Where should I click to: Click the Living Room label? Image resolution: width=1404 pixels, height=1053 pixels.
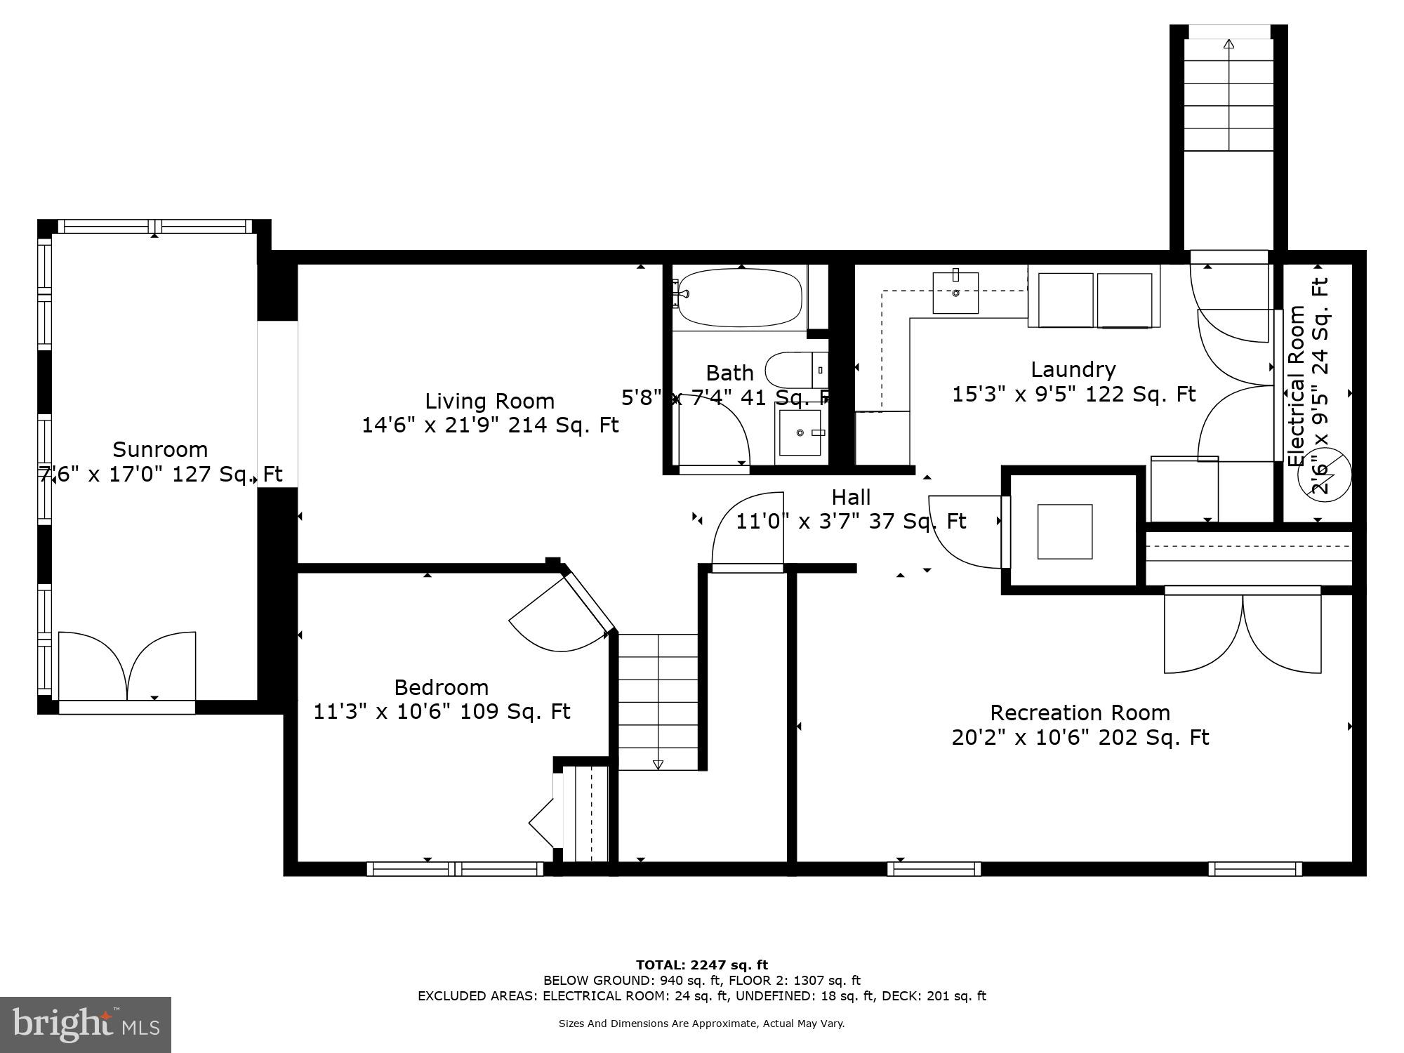[x=489, y=401]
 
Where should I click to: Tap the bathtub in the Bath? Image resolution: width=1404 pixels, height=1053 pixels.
[x=739, y=298]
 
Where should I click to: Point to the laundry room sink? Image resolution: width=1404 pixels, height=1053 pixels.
[x=955, y=293]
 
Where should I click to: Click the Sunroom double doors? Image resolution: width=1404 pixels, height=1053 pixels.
[x=127, y=667]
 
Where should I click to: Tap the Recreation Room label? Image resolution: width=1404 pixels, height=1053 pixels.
[x=1080, y=713]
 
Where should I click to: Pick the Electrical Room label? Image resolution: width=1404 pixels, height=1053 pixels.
[x=1296, y=386]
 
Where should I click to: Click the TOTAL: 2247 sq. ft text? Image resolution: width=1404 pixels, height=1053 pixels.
[x=701, y=965]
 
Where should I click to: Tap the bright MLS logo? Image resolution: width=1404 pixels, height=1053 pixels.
[x=86, y=1025]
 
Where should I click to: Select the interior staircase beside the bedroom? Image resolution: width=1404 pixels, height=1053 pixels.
[x=658, y=702]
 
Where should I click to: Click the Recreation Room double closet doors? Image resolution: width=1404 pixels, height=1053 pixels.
[x=1243, y=632]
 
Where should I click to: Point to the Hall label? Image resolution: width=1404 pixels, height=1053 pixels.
[x=851, y=497]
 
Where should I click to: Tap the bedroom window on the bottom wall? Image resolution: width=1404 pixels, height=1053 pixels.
[x=455, y=869]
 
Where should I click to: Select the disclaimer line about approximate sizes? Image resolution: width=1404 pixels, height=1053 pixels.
[x=701, y=1024]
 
